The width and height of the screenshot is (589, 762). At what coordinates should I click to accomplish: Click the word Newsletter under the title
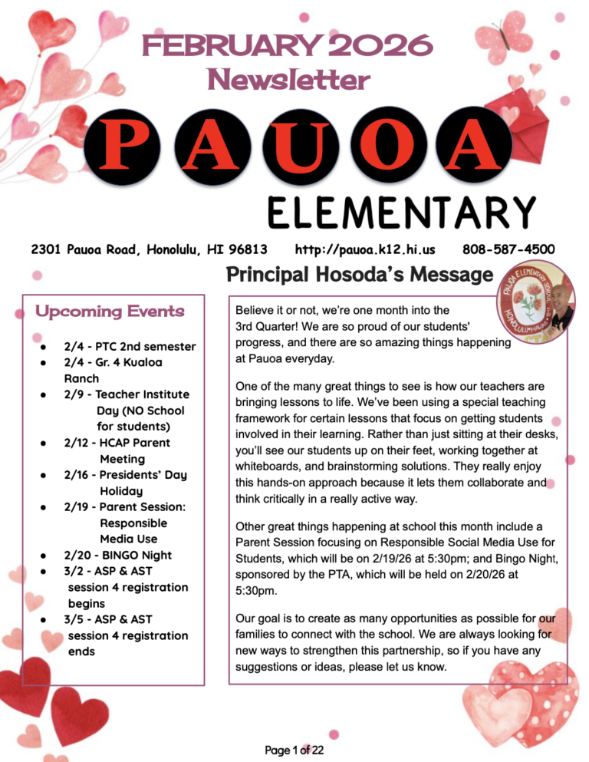point(288,78)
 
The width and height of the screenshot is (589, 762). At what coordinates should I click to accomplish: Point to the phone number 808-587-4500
point(509,250)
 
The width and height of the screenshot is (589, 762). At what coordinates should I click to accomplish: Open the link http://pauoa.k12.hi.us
point(365,250)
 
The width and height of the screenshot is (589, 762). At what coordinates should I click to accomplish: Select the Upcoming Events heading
point(110,312)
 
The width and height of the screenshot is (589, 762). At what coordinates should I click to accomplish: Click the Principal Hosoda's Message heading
point(358,275)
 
